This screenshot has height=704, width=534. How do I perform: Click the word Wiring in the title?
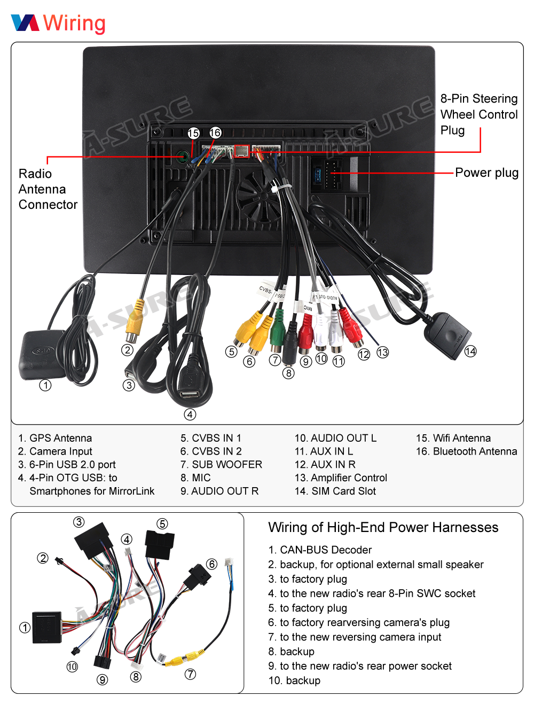74,24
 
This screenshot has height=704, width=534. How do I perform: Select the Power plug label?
486,173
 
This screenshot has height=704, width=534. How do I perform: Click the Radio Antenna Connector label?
48,189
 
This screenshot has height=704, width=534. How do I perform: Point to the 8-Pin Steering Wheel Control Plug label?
478,114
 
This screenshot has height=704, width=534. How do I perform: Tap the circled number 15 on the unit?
193,133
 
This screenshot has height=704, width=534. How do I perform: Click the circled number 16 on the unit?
215,132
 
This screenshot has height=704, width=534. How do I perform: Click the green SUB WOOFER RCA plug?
277,332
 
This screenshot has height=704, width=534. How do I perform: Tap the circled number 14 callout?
470,351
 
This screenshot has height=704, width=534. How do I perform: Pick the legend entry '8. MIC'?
195,478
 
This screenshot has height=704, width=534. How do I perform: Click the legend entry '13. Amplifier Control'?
341,478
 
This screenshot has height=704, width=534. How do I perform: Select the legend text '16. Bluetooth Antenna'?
466,451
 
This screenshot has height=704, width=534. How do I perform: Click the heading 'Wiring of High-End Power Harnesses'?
383,527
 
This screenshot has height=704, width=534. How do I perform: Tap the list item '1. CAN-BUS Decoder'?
320,550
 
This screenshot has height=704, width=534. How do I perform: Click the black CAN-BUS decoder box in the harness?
47,627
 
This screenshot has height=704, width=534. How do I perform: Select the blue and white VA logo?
25,22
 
